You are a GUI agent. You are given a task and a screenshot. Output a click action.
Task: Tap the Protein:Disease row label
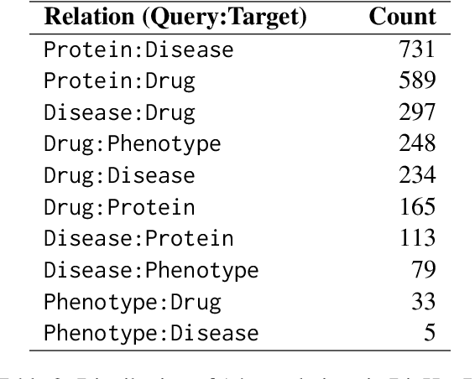138,49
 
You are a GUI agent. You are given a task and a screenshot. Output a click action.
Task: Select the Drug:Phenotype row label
133,144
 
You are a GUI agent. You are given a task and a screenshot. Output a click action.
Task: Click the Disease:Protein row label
138,238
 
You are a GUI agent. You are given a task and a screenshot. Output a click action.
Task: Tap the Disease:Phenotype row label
151,270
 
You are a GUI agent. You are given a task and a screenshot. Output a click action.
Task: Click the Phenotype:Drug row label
133,301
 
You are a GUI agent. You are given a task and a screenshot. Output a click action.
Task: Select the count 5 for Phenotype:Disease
429,333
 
